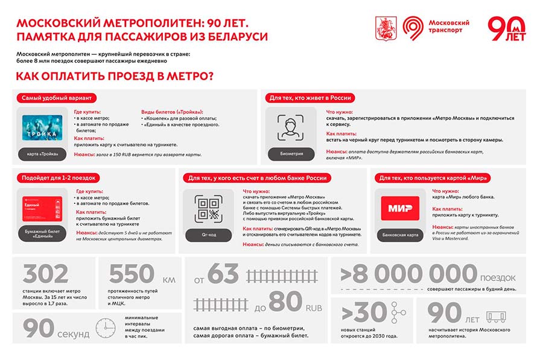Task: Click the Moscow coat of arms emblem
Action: click(x=383, y=27)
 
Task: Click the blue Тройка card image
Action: click(x=42, y=128)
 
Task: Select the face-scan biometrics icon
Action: click(x=290, y=127)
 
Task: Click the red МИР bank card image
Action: click(x=401, y=208)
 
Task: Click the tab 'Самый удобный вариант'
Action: click(x=56, y=98)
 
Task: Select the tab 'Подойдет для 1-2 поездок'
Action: click(x=59, y=178)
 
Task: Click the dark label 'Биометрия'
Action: click(x=291, y=154)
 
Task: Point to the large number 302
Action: click(x=45, y=274)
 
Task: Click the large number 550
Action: click(x=132, y=274)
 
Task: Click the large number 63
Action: click(x=223, y=274)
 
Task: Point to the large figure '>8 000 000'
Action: click(x=408, y=274)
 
